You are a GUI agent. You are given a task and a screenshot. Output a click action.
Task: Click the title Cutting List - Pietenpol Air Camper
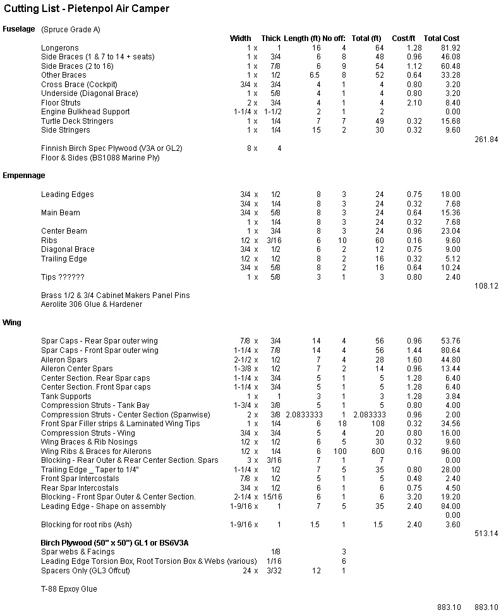87,9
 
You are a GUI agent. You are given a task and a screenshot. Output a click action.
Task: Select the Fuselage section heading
18,29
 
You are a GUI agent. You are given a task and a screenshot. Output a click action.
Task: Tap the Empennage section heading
24,176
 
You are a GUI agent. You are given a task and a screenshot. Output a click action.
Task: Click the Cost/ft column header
404,39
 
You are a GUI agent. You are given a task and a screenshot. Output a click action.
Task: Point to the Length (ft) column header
302,39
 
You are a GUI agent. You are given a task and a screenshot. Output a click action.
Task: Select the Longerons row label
60,48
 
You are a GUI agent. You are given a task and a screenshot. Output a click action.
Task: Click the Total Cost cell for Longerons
450,48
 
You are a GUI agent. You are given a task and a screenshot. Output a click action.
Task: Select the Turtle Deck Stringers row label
77,121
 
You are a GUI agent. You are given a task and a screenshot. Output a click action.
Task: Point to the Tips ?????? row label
63,277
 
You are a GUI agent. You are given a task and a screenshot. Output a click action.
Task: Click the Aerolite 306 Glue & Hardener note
92,304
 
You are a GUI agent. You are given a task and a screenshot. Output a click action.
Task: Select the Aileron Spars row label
64,359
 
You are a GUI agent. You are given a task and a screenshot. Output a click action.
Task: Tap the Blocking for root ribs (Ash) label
87,525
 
